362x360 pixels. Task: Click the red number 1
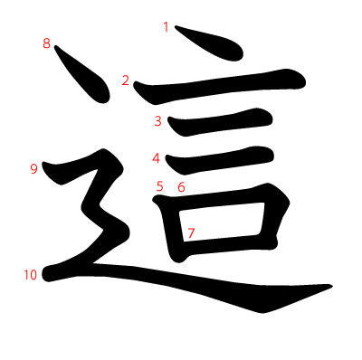166,27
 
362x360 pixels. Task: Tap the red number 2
126,81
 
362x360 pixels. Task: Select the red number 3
158,121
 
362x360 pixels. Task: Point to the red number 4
156,158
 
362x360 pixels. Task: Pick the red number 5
159,186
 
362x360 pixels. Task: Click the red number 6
181,187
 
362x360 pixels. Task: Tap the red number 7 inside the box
191,233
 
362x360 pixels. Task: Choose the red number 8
46,43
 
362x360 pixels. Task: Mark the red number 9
34,169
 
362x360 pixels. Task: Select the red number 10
31,275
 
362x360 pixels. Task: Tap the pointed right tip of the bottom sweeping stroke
332,286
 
